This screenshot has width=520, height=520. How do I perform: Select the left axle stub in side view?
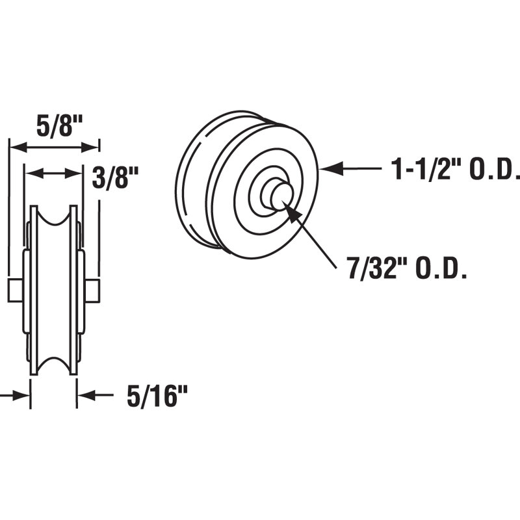(16, 290)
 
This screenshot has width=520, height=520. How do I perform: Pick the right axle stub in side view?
(92, 290)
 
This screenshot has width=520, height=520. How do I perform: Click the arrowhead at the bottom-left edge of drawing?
(23, 395)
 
